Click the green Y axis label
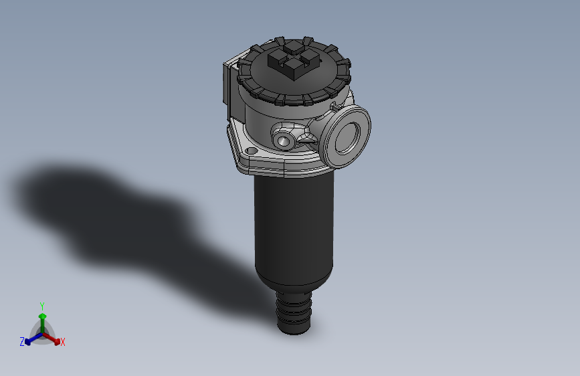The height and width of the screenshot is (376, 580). pos(42,305)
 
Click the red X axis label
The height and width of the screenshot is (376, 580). pos(63,343)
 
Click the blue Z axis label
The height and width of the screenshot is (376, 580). pos(22,342)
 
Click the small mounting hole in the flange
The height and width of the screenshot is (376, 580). pos(252,152)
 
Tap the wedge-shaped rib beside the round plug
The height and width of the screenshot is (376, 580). pos(308,140)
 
